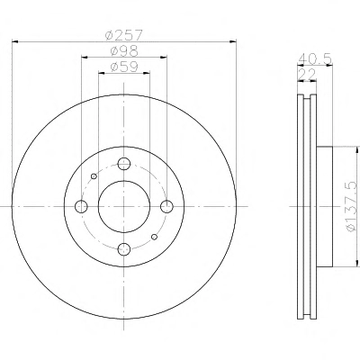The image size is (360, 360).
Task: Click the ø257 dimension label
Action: point(123,35)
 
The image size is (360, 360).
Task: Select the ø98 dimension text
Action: point(124,51)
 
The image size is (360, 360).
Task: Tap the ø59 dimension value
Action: point(124,67)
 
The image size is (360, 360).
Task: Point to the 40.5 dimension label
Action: point(315,58)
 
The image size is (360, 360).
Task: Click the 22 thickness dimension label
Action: point(306,74)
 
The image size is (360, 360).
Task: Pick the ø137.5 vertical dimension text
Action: point(352,207)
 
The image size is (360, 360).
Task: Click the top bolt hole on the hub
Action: point(124,164)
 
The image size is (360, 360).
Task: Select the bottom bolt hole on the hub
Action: point(124,248)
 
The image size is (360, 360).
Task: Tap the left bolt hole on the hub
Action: point(81,206)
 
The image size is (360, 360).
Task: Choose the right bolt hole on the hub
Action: point(166,206)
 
